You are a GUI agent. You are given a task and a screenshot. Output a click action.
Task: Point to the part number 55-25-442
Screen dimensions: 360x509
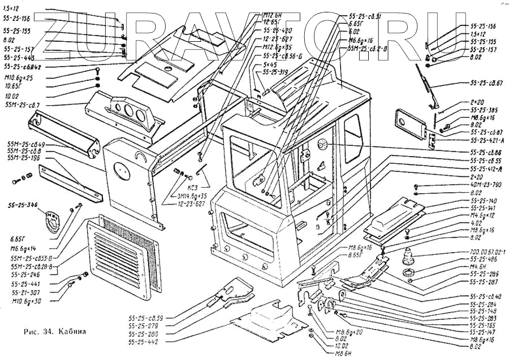[x=145, y=342]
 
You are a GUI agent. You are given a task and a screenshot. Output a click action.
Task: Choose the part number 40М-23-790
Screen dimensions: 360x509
[x=485, y=184]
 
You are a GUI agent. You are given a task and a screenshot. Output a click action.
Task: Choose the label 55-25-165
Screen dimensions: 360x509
[x=483, y=326]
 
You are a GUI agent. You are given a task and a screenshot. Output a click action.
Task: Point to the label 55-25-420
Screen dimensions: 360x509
[x=277, y=30]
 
